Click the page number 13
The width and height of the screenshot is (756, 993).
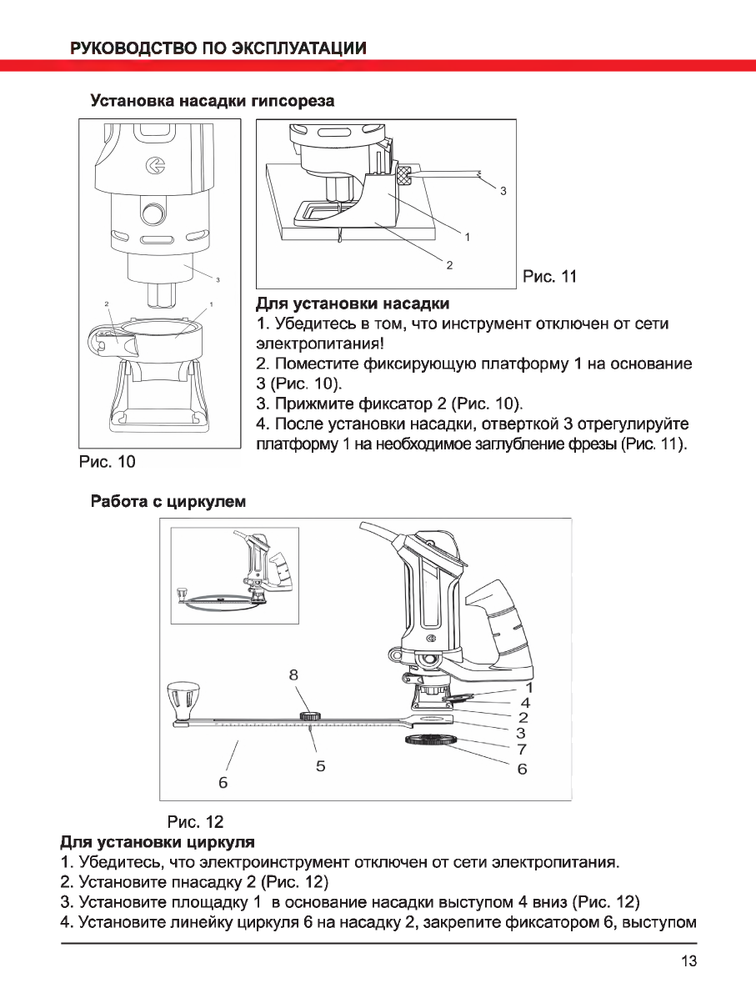pos(688,961)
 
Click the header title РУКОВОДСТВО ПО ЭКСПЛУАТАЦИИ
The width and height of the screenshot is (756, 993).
pos(218,48)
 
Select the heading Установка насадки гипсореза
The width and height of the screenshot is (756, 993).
pos(212,102)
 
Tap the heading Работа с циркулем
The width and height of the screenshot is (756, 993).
pos(168,503)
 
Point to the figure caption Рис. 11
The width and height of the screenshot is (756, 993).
pos(548,276)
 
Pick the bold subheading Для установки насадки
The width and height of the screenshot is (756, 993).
pos(352,302)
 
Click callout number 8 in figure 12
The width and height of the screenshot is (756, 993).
pos(293,675)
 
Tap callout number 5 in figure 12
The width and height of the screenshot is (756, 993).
pos(320,765)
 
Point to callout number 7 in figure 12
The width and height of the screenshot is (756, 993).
pos(522,750)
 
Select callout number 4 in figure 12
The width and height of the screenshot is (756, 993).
pos(525,703)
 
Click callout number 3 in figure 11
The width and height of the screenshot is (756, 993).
pos(503,192)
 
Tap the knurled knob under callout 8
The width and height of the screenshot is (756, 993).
pos(313,715)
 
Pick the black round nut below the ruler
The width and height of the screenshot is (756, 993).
pos(430,742)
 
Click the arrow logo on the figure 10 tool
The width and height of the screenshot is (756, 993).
pos(154,167)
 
